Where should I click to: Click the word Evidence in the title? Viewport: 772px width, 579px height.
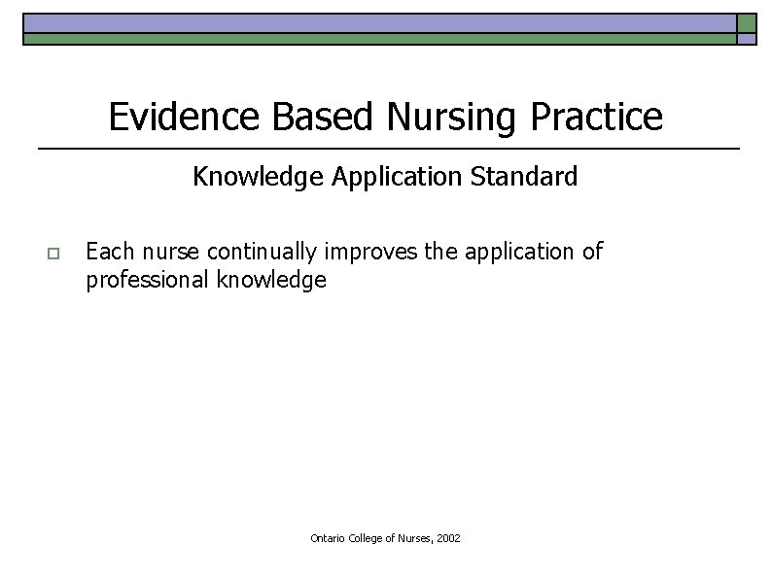tap(186, 117)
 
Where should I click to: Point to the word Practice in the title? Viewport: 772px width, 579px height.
tap(597, 117)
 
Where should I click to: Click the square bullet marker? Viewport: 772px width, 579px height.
tap(53, 254)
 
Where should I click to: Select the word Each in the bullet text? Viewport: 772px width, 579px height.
tap(109, 252)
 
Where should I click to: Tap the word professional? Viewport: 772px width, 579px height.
tap(142, 282)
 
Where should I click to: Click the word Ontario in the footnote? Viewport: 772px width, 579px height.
tap(329, 537)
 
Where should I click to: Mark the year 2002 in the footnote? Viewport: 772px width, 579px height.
tap(448, 537)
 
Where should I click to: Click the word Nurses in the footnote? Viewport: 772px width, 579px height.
tap(415, 537)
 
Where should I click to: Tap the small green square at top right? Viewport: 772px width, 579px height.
tap(747, 23)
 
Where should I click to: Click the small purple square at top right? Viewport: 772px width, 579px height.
tap(747, 40)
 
